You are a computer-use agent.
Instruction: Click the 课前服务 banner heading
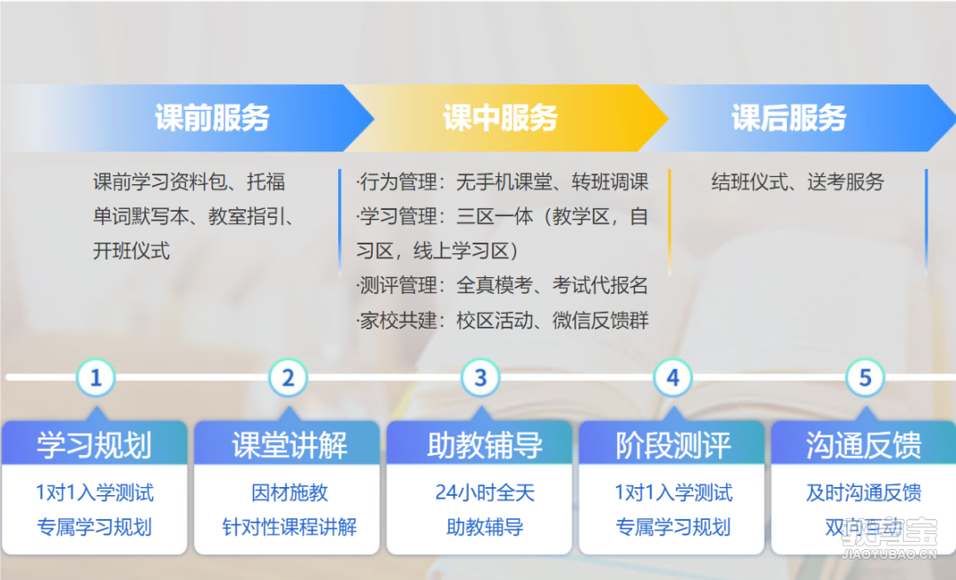(212, 118)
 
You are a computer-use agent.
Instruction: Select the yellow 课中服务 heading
(500, 118)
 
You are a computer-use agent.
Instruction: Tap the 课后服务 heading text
(789, 118)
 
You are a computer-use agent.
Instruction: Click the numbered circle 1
(96, 378)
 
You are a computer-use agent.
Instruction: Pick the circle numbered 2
(288, 378)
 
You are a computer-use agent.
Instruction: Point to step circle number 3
(481, 378)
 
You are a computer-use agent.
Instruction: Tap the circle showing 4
(673, 378)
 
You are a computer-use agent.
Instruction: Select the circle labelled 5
(865, 378)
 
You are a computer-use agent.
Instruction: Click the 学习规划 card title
(95, 445)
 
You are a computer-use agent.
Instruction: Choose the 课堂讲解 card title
(289, 445)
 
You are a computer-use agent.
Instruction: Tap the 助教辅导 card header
(485, 445)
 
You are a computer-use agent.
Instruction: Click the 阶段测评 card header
(673, 445)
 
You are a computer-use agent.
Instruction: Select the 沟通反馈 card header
(863, 445)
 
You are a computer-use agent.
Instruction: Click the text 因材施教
(289, 493)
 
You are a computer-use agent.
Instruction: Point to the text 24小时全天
(485, 493)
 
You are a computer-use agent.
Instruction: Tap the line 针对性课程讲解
(289, 527)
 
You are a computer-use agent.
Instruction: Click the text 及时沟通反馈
(863, 493)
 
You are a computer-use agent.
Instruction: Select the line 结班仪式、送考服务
(798, 182)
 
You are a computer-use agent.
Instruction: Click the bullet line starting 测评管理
(502, 285)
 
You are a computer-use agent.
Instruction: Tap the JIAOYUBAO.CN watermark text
(889, 555)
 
